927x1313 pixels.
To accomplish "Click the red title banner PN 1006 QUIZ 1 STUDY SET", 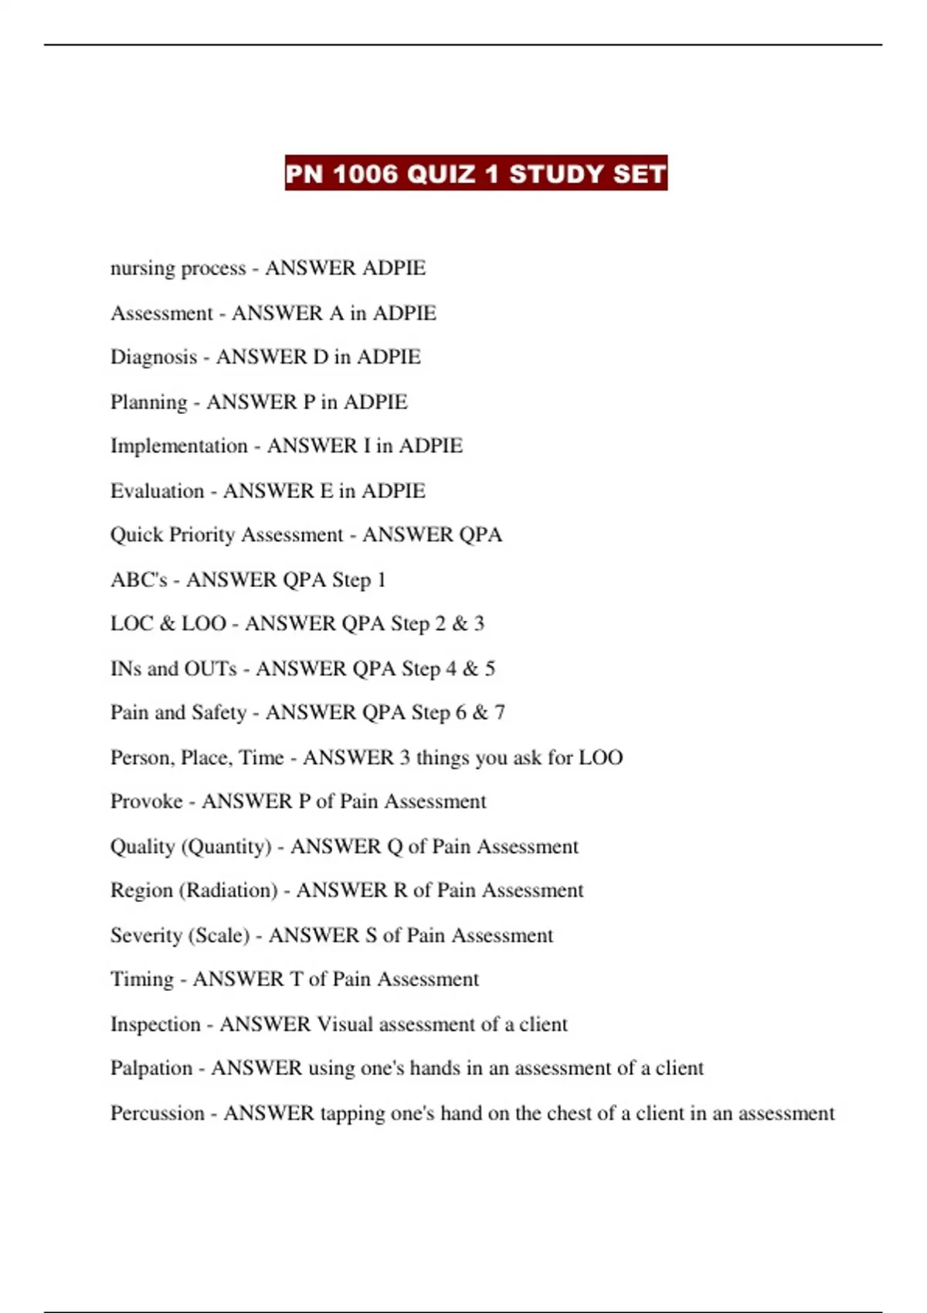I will [x=476, y=173].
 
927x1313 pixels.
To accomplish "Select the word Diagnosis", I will [x=154, y=358].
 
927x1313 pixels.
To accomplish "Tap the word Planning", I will [x=149, y=402].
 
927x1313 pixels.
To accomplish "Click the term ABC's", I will [x=139, y=580].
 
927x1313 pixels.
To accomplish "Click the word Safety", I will [x=219, y=713].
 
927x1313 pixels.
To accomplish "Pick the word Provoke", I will [x=147, y=802].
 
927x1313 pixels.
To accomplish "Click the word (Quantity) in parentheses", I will [x=226, y=847].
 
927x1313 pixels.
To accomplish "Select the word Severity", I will [x=141, y=935].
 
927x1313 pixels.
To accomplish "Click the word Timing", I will [x=142, y=980].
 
